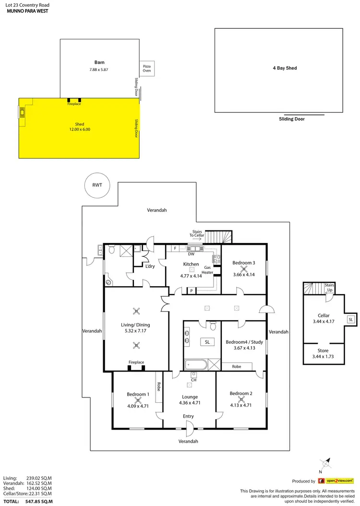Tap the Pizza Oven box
147,69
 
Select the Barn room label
99,62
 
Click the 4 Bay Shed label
285,68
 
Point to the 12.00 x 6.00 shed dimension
79,129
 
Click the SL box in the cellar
350,320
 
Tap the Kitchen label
191,264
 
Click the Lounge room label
190,397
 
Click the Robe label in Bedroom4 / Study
236,366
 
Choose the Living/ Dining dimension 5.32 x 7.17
136,331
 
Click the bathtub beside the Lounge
195,364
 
